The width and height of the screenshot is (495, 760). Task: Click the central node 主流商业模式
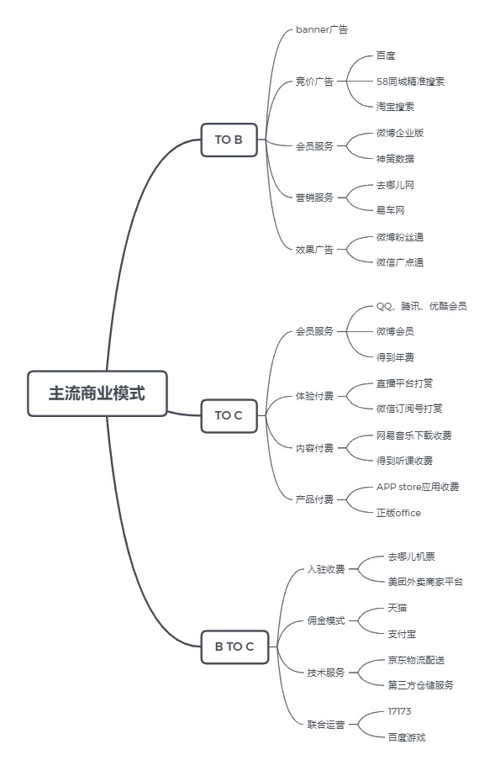97,393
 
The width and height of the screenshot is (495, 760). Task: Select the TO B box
229,140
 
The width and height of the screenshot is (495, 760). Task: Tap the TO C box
229,415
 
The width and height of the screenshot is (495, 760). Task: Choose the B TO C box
234,647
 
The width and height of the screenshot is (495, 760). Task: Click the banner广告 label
322,29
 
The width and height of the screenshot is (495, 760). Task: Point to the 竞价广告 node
314,82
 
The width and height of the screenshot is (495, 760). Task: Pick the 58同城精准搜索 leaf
411,82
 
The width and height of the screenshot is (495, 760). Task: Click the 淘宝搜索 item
395,107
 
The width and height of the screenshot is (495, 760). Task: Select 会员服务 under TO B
314,145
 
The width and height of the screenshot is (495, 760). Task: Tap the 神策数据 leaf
395,158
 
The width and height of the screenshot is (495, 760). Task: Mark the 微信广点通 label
400,262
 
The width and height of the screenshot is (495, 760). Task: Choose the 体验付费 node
314,395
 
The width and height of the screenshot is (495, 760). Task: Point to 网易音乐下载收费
413,435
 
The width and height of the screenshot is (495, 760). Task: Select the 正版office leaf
398,513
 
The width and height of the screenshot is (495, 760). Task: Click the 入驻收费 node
326,569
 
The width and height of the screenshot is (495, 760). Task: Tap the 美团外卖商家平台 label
424,582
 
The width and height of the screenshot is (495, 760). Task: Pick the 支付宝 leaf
403,633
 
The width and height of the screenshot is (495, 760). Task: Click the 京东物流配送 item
416,660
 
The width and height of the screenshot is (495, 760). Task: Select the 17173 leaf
399,711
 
